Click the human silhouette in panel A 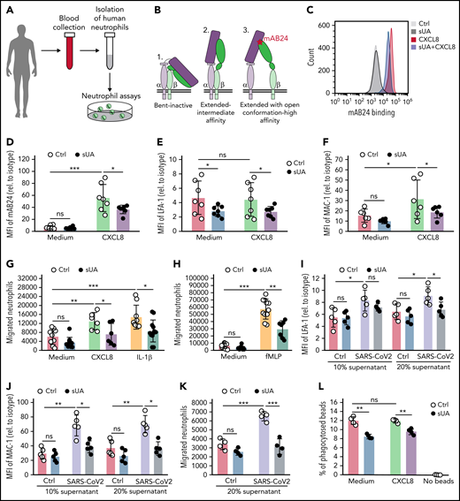26,60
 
